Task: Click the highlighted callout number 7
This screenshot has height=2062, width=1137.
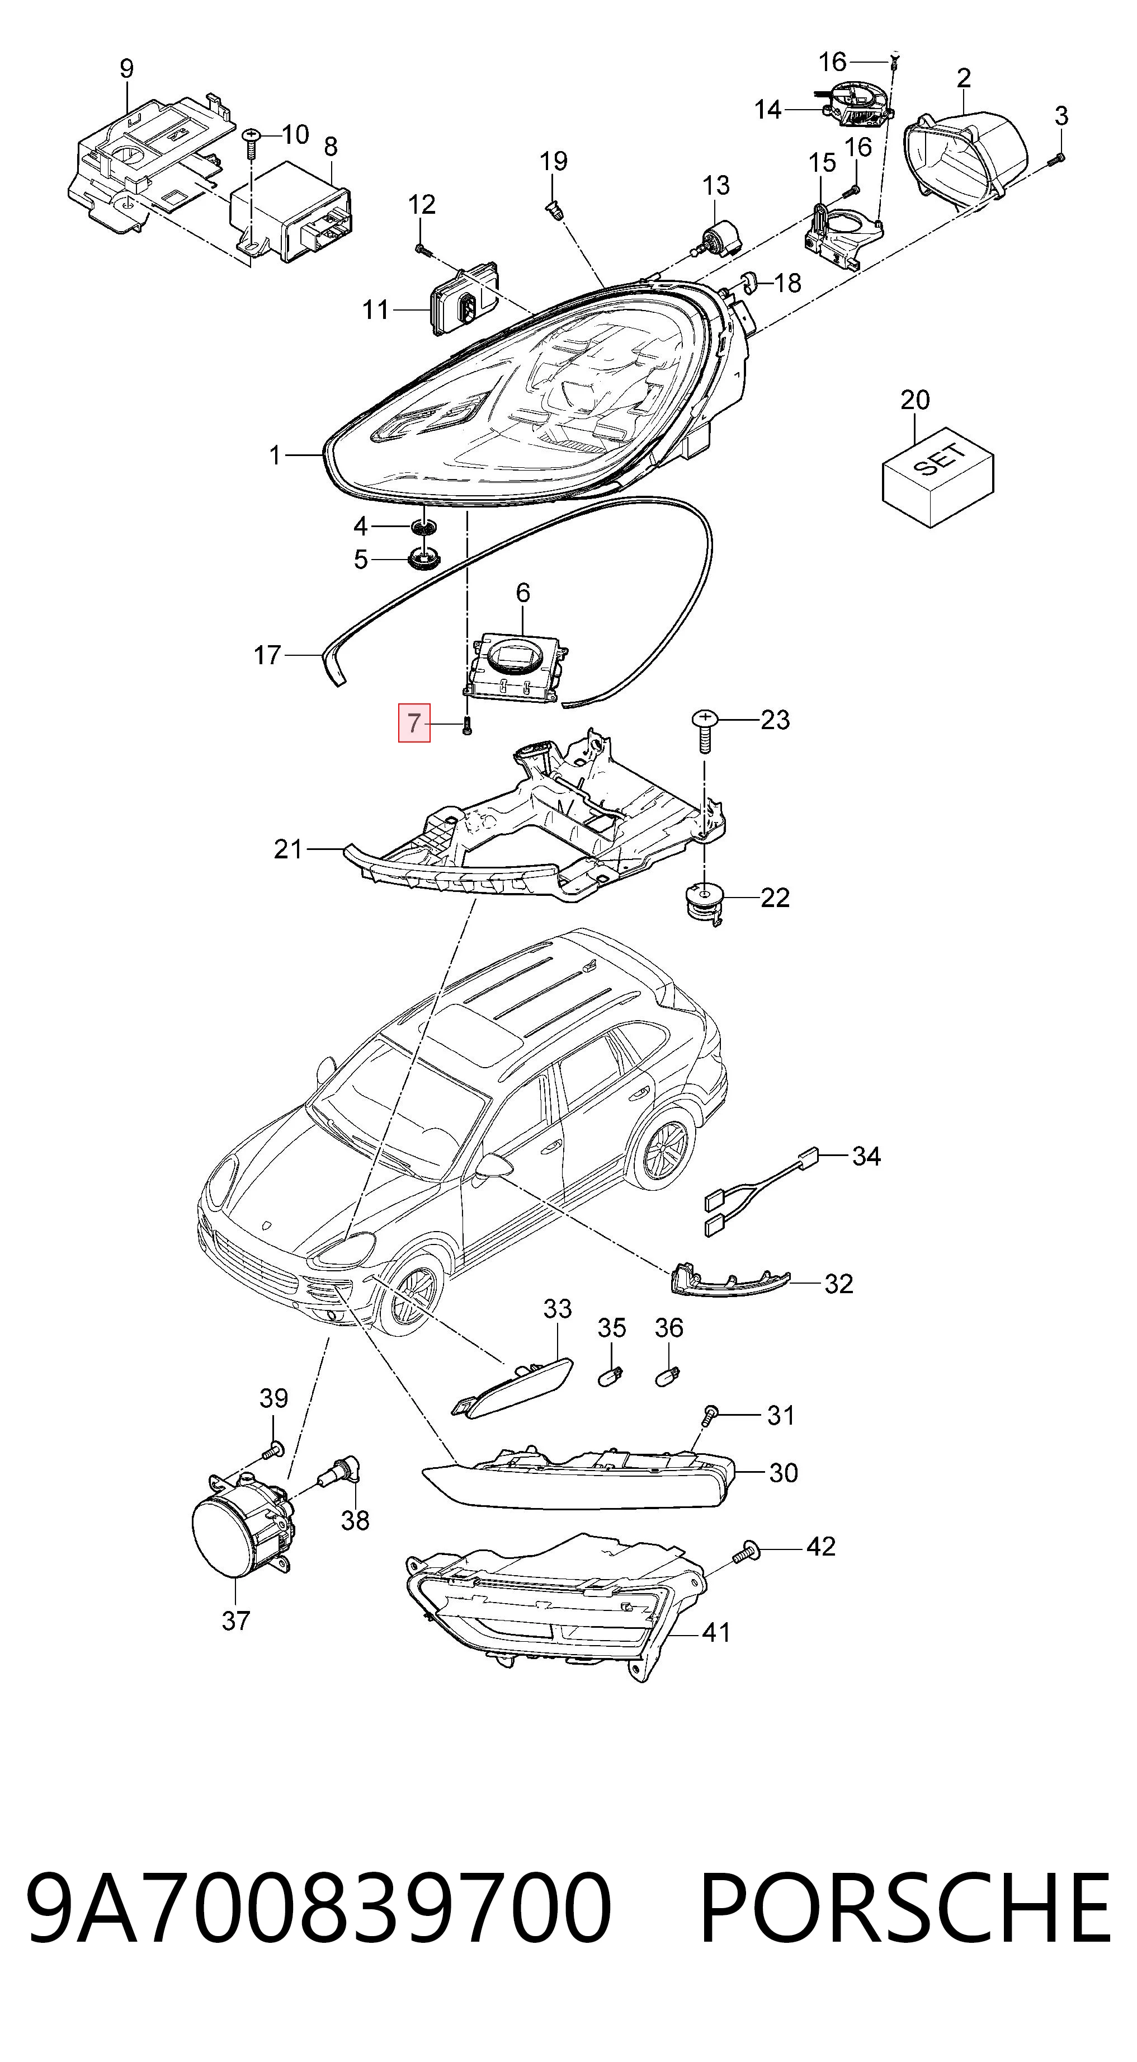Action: click(x=414, y=724)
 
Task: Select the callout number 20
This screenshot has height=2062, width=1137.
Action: click(x=916, y=400)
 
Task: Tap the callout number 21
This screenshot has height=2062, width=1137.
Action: click(x=288, y=848)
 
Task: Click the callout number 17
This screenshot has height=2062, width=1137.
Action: click(x=267, y=656)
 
